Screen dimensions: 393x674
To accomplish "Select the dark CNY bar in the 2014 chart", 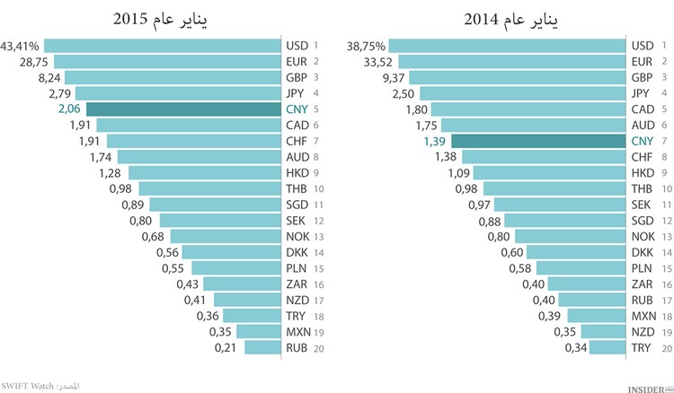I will (537, 141).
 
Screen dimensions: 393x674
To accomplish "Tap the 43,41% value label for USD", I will (22, 45).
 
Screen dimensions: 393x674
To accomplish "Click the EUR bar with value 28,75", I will (167, 61).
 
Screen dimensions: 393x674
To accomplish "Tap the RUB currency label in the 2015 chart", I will (297, 346).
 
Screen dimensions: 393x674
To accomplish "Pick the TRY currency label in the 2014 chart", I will (643, 347).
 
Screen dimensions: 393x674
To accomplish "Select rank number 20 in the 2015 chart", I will (318, 346).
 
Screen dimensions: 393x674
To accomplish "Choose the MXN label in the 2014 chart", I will (643, 315).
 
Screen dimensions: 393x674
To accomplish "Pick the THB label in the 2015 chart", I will (297, 188).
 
